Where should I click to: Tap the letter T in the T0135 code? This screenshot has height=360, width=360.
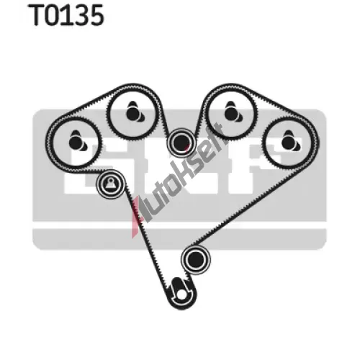tap(37, 15)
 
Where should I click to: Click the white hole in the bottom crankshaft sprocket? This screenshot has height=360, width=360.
tap(181, 295)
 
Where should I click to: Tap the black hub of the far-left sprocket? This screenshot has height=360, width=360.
tap(75, 143)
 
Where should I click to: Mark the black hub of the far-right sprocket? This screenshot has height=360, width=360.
tap(288, 143)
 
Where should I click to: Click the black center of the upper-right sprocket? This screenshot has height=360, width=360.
tap(230, 112)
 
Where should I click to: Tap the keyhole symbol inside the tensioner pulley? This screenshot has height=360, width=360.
tap(110, 184)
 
